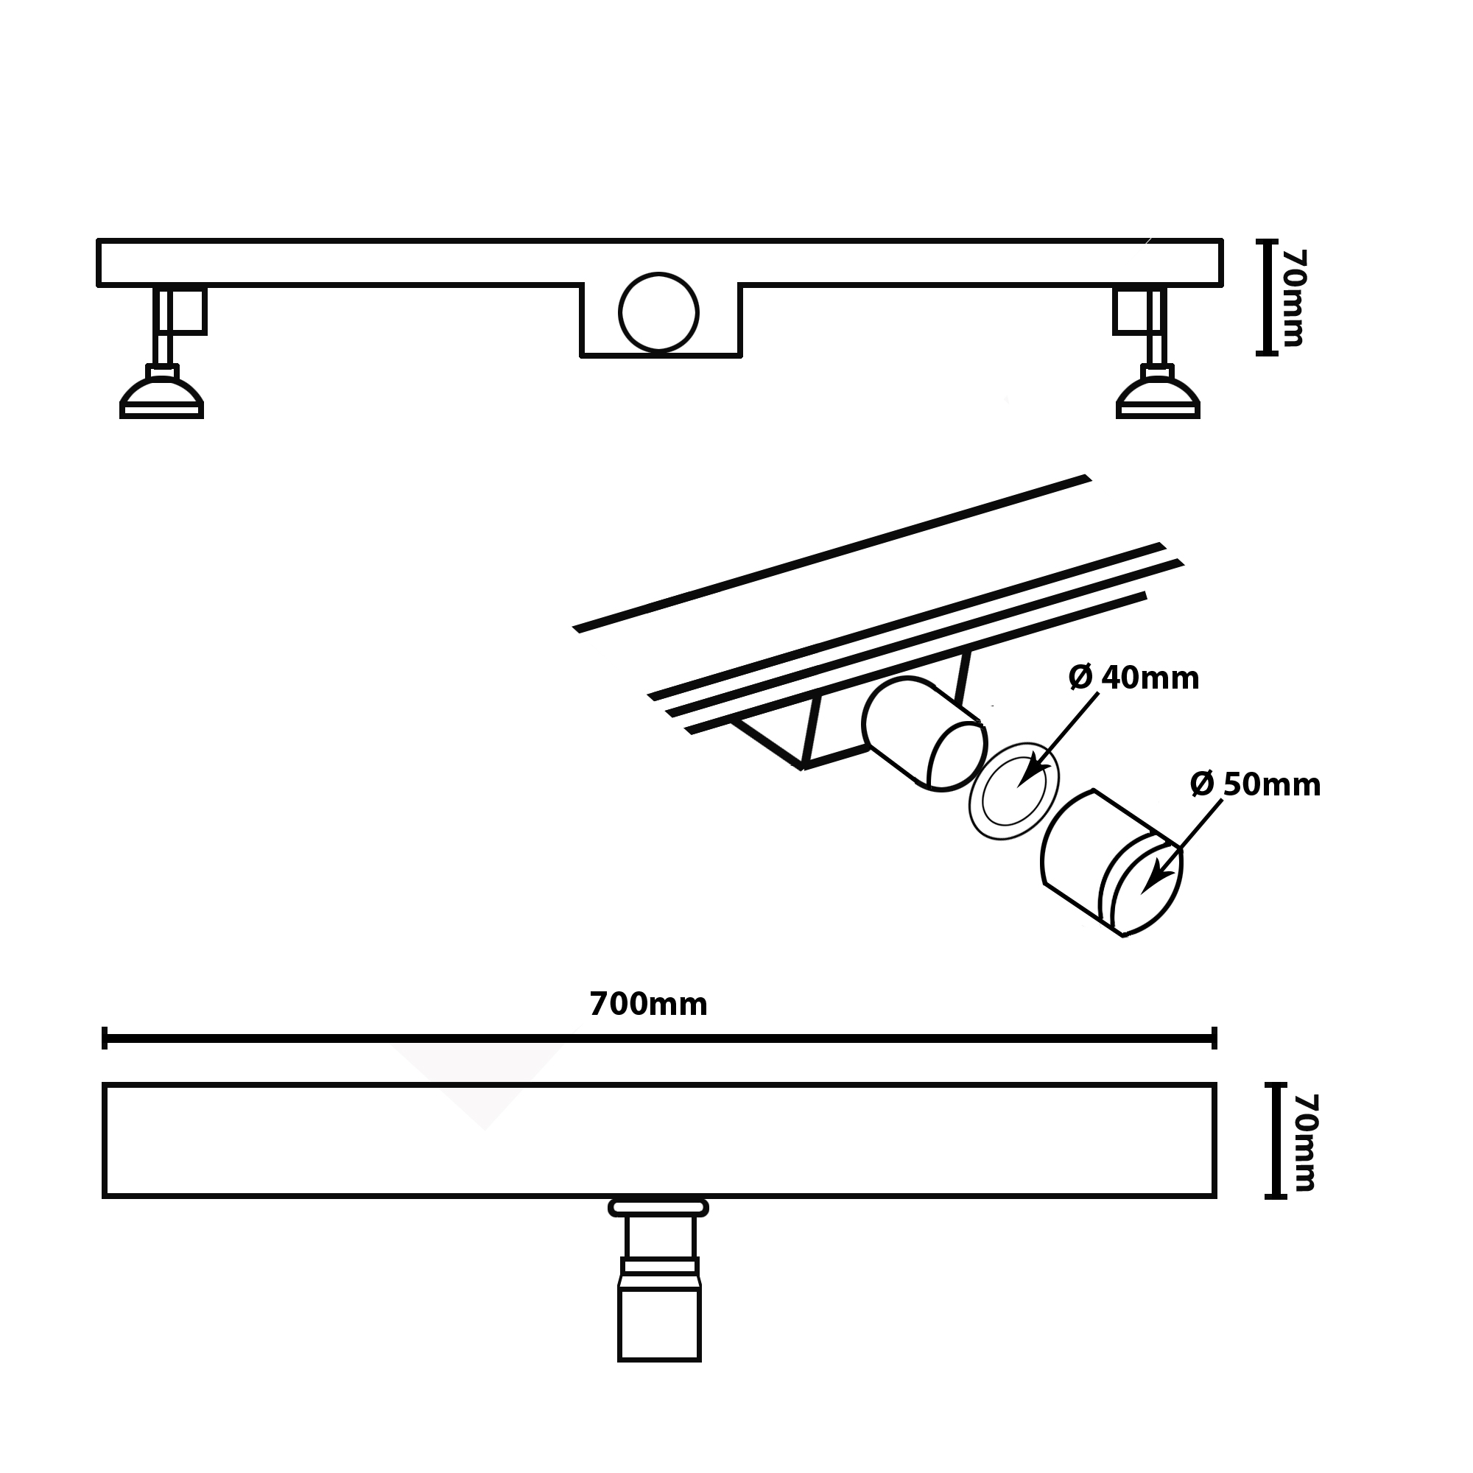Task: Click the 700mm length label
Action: point(648,1005)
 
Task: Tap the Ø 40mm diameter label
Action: point(1133,677)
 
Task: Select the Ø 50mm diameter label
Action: point(1256,784)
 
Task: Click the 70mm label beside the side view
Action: point(1293,298)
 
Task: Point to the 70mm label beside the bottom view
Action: point(1305,1142)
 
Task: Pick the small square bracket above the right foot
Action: point(1131,310)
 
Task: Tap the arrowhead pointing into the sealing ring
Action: point(1030,772)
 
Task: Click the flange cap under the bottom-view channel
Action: point(658,1207)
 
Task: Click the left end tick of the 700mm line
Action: point(105,1038)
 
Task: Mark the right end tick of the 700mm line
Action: point(1214,1038)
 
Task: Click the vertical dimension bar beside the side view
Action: point(1266,297)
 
